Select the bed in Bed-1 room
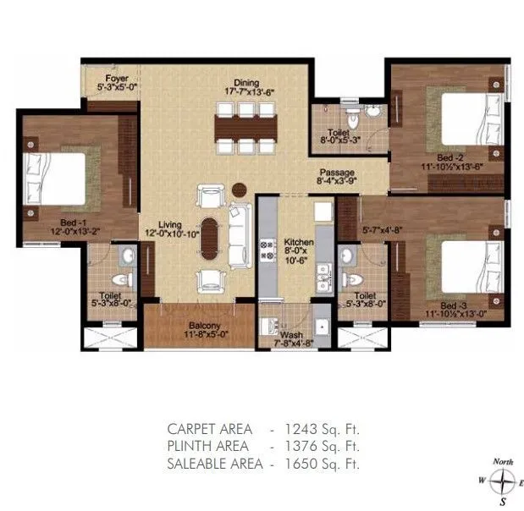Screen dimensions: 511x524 pos(61,178)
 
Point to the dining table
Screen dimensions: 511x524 pos(247,128)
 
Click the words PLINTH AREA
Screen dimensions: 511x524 pos(207,446)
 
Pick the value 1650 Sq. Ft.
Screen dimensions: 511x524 pos(324,463)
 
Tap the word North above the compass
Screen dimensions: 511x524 pos(504,462)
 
